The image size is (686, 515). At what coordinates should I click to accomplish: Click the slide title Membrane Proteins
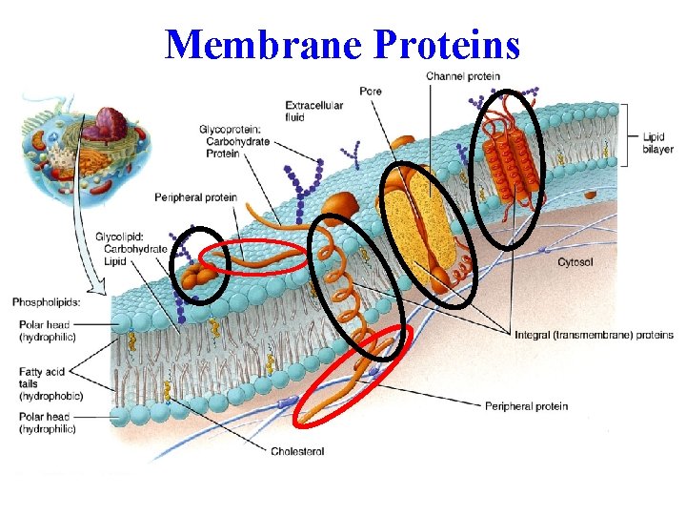[x=343, y=44]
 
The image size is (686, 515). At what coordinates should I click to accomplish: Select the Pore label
[x=371, y=92]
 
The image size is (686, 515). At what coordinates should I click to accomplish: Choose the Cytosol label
[x=575, y=262]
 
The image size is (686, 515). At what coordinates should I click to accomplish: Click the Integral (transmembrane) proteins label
[x=594, y=335]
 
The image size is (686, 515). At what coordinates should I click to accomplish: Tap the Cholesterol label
[x=297, y=451]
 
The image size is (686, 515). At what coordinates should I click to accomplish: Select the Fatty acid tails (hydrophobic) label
[x=50, y=383]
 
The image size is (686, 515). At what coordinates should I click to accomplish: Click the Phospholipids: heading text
[x=46, y=302]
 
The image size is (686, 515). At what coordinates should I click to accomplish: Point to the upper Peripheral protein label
[x=195, y=198]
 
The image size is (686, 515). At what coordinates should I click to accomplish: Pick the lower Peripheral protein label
[x=526, y=406]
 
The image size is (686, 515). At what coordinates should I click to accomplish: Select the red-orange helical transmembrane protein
[x=509, y=162]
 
